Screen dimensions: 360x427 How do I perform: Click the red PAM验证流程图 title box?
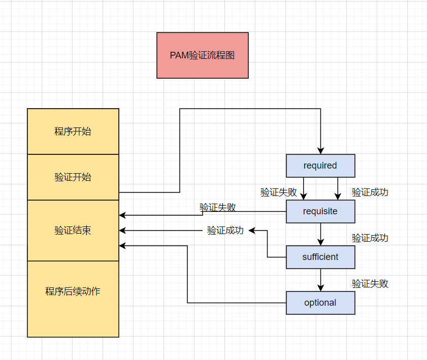[202, 55]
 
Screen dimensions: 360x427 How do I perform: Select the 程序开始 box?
[73, 132]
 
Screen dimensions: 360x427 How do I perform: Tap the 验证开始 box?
[73, 177]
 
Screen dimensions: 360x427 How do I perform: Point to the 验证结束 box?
[73, 231]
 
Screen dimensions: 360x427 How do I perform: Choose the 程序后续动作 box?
[73, 291]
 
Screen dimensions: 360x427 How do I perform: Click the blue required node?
[320, 166]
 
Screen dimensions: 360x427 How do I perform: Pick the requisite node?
[320, 211]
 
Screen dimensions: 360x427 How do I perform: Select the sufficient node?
[320, 257]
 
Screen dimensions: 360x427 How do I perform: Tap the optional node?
[320, 303]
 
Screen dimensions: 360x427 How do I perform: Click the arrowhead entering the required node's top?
[320, 151]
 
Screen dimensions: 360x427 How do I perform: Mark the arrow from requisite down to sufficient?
[320, 235]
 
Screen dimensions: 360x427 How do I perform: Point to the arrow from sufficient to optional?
[320, 280]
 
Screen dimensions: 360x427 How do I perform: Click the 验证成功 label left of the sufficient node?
[225, 231]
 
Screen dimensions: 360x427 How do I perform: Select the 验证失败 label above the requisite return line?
[217, 207]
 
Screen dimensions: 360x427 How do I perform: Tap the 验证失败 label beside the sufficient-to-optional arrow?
[370, 284]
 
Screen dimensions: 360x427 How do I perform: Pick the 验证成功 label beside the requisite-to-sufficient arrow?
[370, 238]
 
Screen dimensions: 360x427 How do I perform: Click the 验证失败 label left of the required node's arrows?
[279, 192]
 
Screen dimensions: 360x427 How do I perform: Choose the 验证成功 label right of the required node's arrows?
[370, 192]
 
